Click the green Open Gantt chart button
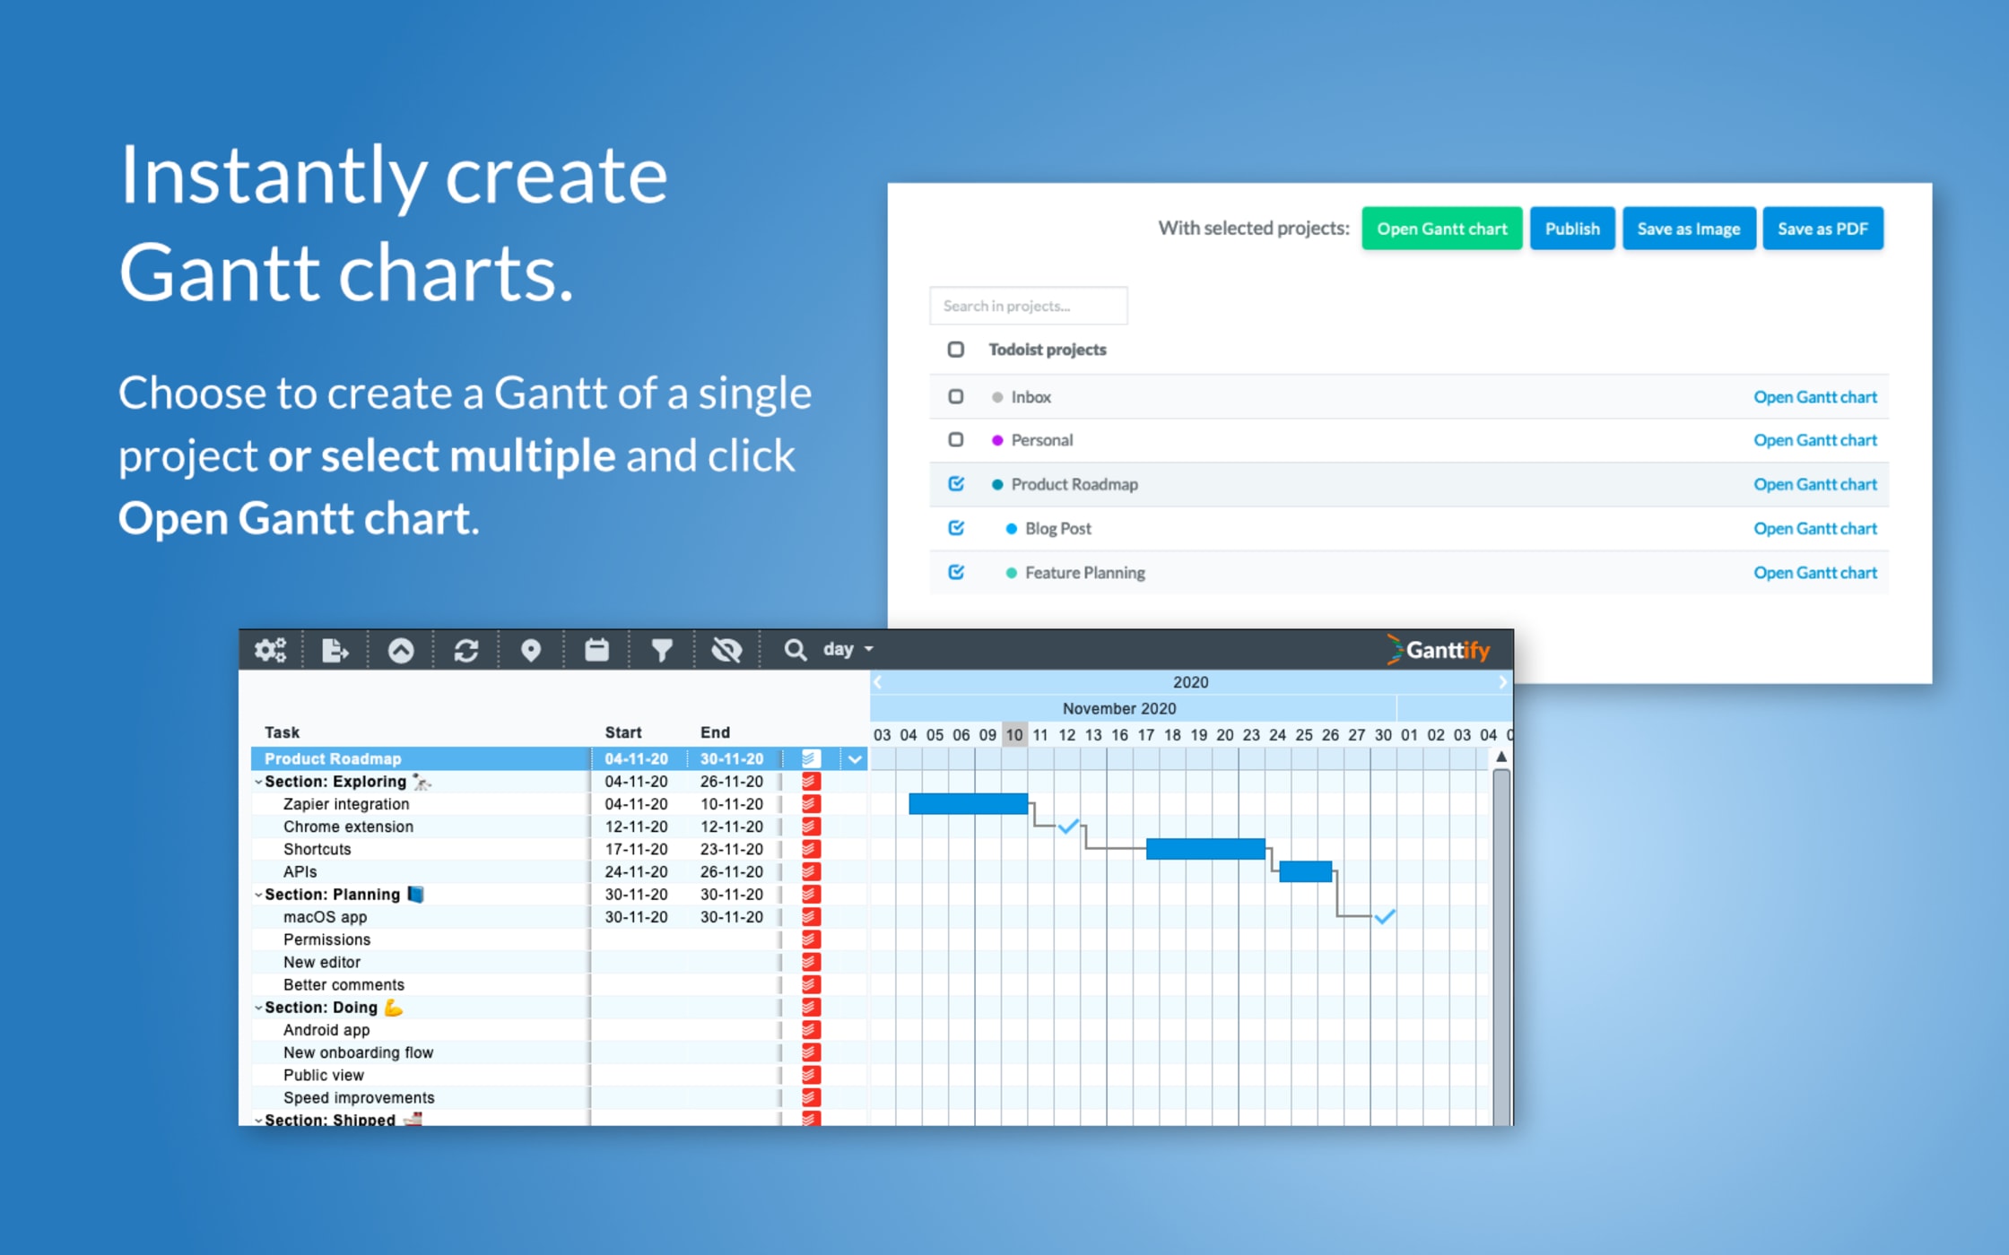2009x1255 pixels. click(x=1441, y=229)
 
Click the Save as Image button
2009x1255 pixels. click(x=1688, y=229)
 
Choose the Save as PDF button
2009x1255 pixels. click(x=1822, y=229)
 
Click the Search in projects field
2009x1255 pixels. click(x=1028, y=306)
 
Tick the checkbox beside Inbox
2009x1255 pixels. click(x=956, y=396)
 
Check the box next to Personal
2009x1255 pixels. click(x=956, y=439)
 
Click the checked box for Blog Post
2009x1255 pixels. click(x=956, y=528)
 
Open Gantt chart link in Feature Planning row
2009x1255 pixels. click(x=1814, y=573)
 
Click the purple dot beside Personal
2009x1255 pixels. click(x=996, y=440)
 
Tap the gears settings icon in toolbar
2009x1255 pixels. click(x=270, y=650)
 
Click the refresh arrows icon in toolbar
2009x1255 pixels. click(x=465, y=650)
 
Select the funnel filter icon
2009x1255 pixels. click(x=662, y=650)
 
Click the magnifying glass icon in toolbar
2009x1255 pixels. click(x=795, y=650)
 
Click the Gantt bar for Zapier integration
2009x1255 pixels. click(x=968, y=803)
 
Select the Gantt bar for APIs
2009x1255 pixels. click(x=1305, y=871)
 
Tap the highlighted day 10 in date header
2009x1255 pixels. click(x=1013, y=735)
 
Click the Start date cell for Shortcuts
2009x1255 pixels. click(x=635, y=849)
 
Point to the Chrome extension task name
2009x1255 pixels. click(x=348, y=827)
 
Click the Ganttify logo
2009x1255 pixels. click(x=1439, y=650)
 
